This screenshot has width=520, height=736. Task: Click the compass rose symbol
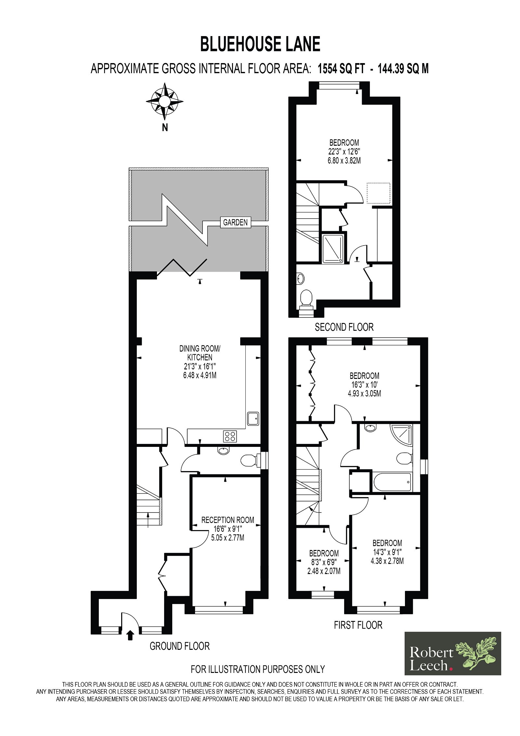tap(164, 101)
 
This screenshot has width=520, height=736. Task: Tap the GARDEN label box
tap(236, 222)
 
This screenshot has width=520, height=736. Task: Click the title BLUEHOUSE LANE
tap(260, 44)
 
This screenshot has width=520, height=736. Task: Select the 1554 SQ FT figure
tap(340, 69)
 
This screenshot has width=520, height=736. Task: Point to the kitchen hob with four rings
tap(230, 436)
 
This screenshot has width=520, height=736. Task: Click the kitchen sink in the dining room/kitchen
tap(253, 419)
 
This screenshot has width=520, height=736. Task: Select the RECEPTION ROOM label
tap(227, 520)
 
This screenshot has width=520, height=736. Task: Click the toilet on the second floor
tap(306, 300)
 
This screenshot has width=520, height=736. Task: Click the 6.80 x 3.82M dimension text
tap(344, 161)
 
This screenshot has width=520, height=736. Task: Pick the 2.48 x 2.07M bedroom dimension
tap(324, 571)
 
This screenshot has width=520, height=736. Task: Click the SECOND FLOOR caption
tap(344, 327)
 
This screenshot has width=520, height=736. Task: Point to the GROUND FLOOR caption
tap(179, 646)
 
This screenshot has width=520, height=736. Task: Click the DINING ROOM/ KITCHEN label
tap(200, 353)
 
